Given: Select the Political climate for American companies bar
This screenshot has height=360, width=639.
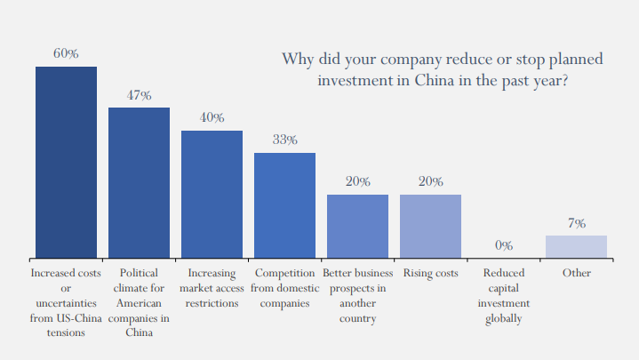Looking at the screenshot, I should pos(139,183).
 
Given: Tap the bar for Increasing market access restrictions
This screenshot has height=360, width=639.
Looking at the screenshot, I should pos(212,195).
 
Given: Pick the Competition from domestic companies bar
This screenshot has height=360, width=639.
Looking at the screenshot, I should pos(284,205).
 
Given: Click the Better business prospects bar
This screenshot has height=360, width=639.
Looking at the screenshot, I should pos(357,227).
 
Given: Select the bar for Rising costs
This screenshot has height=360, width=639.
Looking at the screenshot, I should pos(430,227).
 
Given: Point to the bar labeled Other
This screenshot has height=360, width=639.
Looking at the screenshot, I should pos(576,247).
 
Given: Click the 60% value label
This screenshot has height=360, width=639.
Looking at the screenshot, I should pos(66,54).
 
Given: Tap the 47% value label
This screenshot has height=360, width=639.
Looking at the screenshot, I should pos(139,95).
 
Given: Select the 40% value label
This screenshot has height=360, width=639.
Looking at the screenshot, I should pos(212,117).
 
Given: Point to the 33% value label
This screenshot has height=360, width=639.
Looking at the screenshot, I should pos(284,140).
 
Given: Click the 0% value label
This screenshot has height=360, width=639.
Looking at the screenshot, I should pos(503,245).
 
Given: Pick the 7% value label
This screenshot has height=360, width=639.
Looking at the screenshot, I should pos(576,223).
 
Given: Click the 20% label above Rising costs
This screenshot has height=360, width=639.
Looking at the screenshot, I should pos(430,181).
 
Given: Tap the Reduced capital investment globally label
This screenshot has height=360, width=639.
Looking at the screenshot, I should pos(503,296).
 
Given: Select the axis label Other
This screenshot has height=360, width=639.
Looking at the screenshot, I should pos(576,273).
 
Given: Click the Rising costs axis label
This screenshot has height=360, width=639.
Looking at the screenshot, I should pos(430,273).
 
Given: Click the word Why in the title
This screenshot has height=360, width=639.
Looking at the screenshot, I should pos(298,60).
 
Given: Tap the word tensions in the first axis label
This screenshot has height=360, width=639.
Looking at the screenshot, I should pos(66,333).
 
